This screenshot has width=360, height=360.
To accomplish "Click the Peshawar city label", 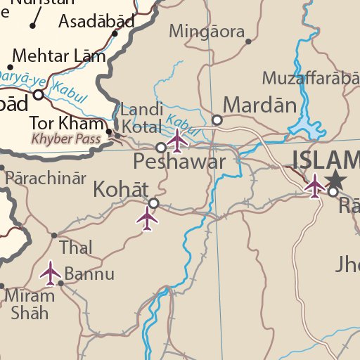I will pyautogui.click(x=179, y=163).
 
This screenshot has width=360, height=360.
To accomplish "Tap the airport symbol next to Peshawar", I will pyautogui.click(x=178, y=141).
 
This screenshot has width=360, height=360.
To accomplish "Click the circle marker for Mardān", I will pyautogui.click(x=217, y=120).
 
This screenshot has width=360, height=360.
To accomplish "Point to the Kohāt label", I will pyautogui.click(x=121, y=189).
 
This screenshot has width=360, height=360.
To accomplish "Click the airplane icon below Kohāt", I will pyautogui.click(x=147, y=219).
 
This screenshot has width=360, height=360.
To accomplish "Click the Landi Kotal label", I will pyautogui.click(x=143, y=118).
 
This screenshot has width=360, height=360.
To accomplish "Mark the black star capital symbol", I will pyautogui.click(x=336, y=179).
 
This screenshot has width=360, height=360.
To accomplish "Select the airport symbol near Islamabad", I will pyautogui.click(x=315, y=186).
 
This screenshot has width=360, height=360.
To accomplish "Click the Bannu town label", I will pyautogui.click(x=89, y=273).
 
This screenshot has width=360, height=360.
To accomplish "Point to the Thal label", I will pyautogui.click(x=76, y=247).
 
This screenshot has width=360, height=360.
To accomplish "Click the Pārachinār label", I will pyautogui.click(x=46, y=178).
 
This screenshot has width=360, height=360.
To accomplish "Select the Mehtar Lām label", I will pyautogui.click(x=60, y=56).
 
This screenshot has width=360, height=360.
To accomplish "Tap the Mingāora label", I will pyautogui.click(x=207, y=32).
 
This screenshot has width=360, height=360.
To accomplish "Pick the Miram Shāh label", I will pyautogui.click(x=30, y=304).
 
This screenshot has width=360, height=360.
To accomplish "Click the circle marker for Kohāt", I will pyautogui.click(x=153, y=203).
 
